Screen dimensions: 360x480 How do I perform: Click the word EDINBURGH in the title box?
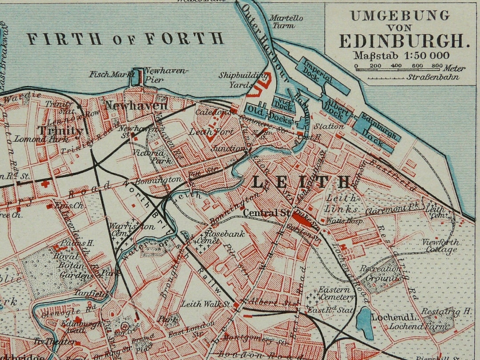pos(404,41)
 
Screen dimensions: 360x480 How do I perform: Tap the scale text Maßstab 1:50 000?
pos(401,56)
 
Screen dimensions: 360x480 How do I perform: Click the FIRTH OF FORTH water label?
pos(125,39)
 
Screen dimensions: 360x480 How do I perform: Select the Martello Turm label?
pos(286,22)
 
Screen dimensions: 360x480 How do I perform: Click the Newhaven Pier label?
pos(165,75)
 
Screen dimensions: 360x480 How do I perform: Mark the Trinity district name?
pos(60,131)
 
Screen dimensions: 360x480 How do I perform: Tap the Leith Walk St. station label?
pos(205,304)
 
